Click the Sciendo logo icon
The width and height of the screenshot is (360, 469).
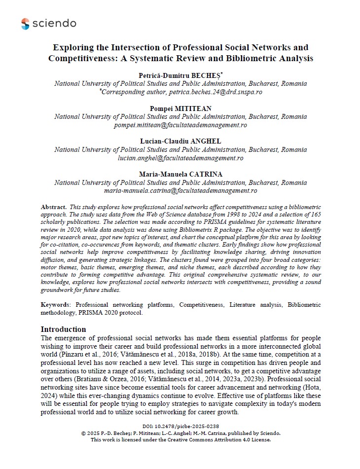point(25,23)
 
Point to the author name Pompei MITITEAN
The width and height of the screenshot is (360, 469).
point(180,108)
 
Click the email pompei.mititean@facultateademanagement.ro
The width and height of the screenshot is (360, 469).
point(180,125)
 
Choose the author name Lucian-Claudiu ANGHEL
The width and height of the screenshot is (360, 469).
point(180,142)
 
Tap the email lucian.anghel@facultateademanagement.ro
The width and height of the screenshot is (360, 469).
point(180,158)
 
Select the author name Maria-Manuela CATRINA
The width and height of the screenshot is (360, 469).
point(180,175)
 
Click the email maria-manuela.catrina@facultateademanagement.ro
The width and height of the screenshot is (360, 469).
point(180,190)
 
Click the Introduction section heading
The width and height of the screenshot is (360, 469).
point(63,329)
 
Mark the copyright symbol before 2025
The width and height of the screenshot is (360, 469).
point(84,433)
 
